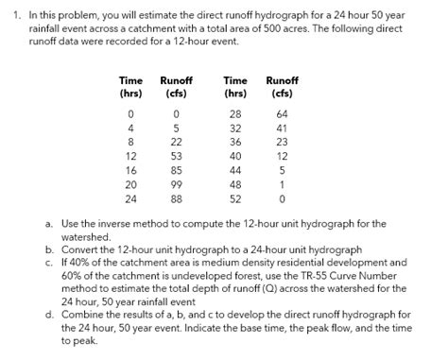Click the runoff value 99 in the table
coord(176,185)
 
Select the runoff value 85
coord(176,171)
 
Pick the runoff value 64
coord(281,113)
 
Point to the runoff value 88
coord(176,199)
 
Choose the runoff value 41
coord(281,128)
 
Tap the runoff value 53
coord(176,157)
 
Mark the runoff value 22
coord(176,142)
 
